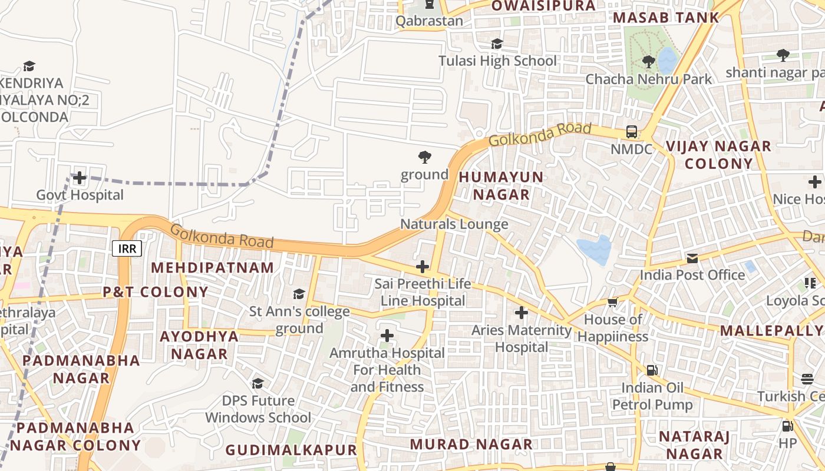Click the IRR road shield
click(127, 248)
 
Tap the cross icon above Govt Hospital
click(79, 177)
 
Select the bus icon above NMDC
click(632, 131)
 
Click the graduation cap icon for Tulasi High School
click(497, 44)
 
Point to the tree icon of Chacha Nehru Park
click(648, 61)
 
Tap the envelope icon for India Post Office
click(692, 258)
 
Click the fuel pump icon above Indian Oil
click(652, 370)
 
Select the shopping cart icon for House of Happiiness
click(612, 303)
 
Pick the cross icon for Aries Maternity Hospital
click(521, 313)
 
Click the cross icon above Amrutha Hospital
click(387, 336)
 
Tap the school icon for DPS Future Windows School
click(258, 384)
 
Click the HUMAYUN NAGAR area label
click(501, 185)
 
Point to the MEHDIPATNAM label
click(212, 268)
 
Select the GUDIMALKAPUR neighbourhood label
click(291, 450)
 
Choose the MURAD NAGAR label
click(471, 445)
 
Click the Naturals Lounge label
click(454, 224)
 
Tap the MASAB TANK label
click(666, 18)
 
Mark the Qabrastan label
click(429, 21)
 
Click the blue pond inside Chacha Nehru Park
click(667, 60)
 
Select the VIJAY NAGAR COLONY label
click(718, 155)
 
